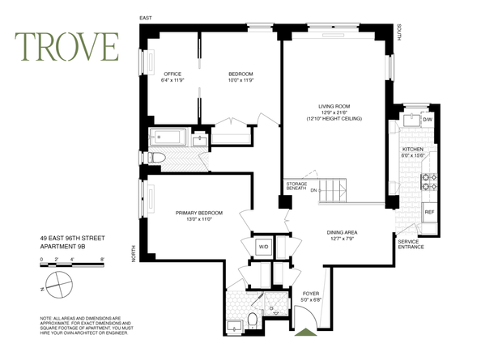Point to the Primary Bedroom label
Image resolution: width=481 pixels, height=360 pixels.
[198, 213]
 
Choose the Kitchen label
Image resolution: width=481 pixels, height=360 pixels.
[414, 150]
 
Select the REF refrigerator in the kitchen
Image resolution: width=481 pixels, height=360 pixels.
[429, 214]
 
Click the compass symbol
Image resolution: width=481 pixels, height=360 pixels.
[60, 285]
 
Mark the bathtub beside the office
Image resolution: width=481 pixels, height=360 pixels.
[168, 138]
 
